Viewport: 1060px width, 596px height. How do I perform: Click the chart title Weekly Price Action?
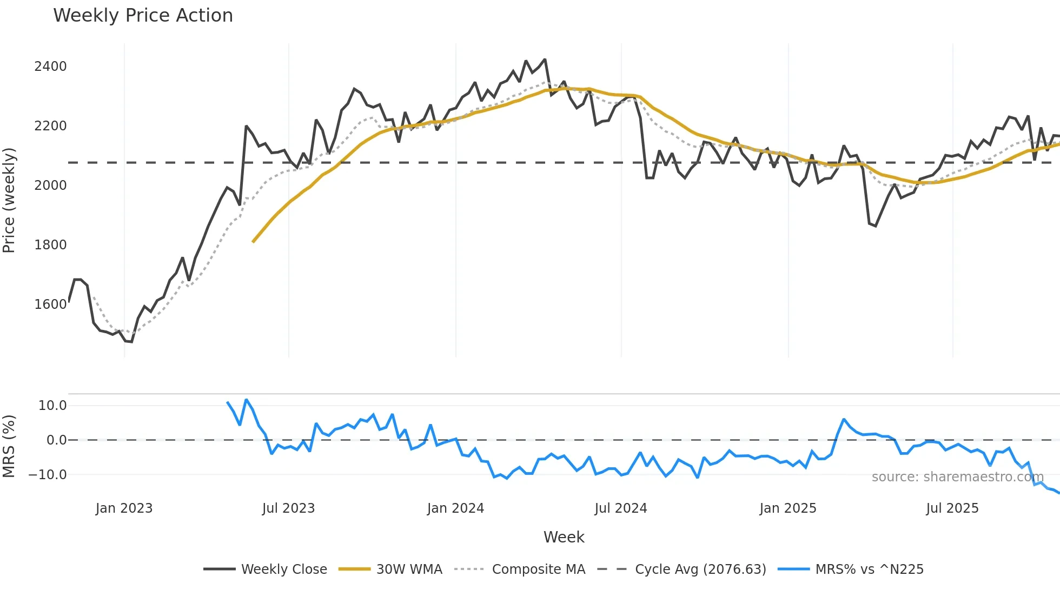143,16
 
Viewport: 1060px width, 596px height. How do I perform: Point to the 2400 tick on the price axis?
50,67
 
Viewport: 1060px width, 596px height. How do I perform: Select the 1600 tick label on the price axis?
50,304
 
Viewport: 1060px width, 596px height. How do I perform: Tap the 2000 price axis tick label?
50,186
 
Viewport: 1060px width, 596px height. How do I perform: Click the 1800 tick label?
50,245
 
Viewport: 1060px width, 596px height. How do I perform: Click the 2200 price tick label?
50,126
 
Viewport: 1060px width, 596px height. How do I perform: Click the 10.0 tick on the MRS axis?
52,406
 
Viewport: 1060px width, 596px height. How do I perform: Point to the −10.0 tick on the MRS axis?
48,475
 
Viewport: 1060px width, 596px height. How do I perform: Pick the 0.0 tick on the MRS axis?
56,440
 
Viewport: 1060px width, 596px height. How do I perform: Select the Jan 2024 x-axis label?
455,508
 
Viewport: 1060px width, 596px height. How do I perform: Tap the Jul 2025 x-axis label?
952,508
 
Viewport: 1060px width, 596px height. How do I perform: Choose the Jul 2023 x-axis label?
288,508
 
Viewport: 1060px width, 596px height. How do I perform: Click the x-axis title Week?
564,537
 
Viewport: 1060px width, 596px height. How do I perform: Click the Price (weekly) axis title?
9,200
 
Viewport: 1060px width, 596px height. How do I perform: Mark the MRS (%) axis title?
9,446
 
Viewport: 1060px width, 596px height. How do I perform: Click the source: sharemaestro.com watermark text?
957,477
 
